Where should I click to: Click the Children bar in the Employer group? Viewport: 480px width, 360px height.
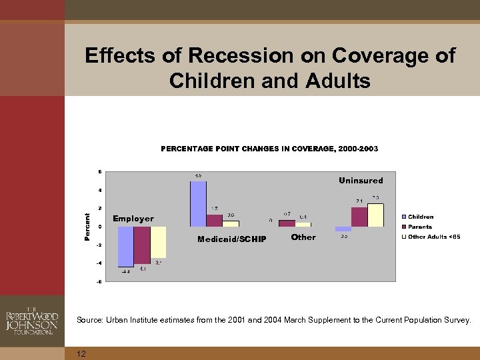point(126,247)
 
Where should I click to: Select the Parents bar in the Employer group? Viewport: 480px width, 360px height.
point(142,245)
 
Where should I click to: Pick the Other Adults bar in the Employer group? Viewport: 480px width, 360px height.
point(158,242)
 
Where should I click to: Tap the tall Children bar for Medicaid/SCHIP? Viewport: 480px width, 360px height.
point(198,204)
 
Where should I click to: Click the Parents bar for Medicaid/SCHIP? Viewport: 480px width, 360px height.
point(214,221)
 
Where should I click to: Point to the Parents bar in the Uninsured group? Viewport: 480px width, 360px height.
point(359,217)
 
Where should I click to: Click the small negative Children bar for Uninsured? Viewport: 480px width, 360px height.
point(343,229)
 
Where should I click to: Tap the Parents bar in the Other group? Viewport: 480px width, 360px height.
point(287,223)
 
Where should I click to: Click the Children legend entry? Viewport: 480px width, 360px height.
point(420,217)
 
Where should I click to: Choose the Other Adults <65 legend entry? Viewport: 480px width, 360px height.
point(433,237)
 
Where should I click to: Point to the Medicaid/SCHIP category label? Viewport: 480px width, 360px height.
point(231,239)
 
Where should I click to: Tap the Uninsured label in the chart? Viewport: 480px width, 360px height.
point(361,181)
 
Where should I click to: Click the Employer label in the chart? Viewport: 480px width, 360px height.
point(133,219)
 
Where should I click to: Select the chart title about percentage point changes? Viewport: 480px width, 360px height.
point(269,149)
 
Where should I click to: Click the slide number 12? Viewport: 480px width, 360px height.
point(81,353)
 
